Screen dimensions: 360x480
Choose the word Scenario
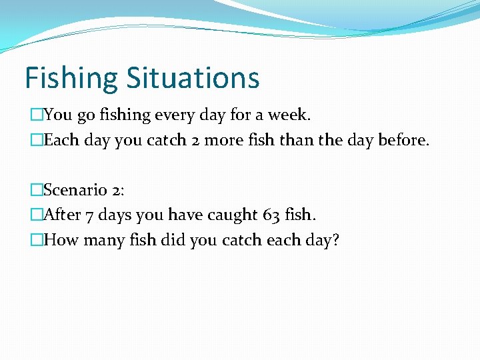coord(75,190)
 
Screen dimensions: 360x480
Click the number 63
coord(271,215)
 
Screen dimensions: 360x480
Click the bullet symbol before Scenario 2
coord(36,190)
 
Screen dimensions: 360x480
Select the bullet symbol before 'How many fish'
coord(36,240)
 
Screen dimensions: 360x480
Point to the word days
coord(116,215)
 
